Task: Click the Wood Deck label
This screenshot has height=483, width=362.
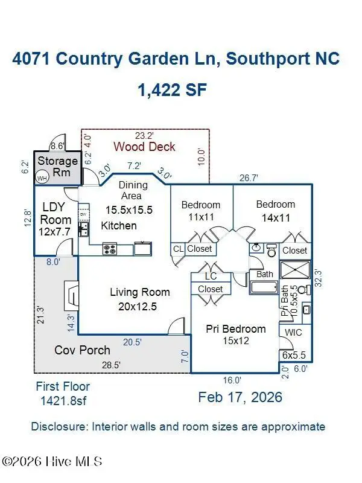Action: (x=144, y=146)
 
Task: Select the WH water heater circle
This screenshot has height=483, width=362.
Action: (x=42, y=178)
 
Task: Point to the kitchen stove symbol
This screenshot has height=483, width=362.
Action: (x=110, y=247)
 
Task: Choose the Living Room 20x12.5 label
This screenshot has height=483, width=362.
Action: (x=139, y=299)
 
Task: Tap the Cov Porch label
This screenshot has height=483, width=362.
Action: (x=83, y=350)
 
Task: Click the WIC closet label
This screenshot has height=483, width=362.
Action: (x=294, y=332)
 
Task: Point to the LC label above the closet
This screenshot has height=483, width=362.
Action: (x=211, y=276)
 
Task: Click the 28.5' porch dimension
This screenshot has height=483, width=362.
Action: (x=110, y=365)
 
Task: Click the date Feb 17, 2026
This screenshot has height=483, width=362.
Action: (x=240, y=397)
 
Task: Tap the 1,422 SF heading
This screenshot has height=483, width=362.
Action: (x=173, y=91)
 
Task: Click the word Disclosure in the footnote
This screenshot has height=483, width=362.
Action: (x=58, y=427)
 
